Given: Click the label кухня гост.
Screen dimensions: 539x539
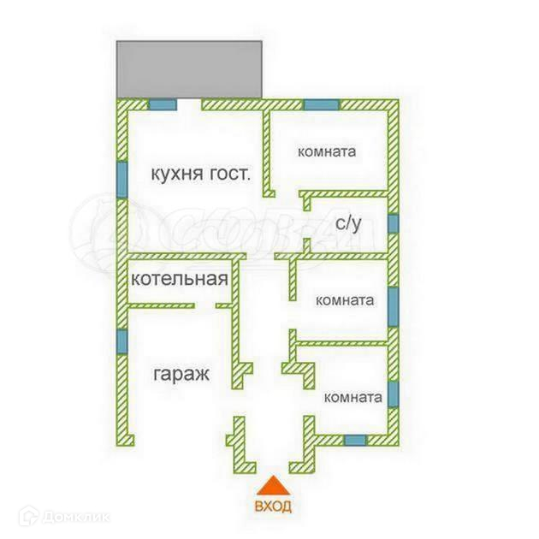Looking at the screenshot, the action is pyautogui.click(x=200, y=175).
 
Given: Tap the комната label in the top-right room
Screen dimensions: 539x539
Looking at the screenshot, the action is pyautogui.click(x=326, y=152).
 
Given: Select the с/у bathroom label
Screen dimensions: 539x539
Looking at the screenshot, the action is pyautogui.click(x=348, y=224).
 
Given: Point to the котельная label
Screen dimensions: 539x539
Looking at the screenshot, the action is pyautogui.click(x=180, y=279).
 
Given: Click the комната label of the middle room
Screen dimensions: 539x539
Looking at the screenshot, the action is pyautogui.click(x=345, y=300).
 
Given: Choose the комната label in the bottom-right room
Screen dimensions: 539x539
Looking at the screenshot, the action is pyautogui.click(x=352, y=398).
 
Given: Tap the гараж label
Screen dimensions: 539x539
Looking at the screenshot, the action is pyautogui.click(x=182, y=374).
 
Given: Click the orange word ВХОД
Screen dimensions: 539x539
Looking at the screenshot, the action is pyautogui.click(x=273, y=506).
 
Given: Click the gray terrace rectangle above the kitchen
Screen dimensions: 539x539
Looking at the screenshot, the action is pyautogui.click(x=191, y=68).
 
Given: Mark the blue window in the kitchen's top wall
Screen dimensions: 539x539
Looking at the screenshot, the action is pyautogui.click(x=162, y=105).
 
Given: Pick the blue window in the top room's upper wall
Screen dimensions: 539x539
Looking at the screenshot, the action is pyautogui.click(x=322, y=105).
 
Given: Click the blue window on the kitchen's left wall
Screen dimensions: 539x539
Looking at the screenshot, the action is pyautogui.click(x=121, y=178).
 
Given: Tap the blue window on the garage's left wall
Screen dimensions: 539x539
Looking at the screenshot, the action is pyautogui.click(x=121, y=341).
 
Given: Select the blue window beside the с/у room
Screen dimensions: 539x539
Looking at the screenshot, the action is pyautogui.click(x=393, y=223).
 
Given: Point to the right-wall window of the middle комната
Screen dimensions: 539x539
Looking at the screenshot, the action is pyautogui.click(x=393, y=306).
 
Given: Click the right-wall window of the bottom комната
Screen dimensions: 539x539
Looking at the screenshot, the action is pyautogui.click(x=393, y=392).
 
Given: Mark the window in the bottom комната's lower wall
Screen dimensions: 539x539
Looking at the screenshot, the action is pyautogui.click(x=354, y=440).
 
